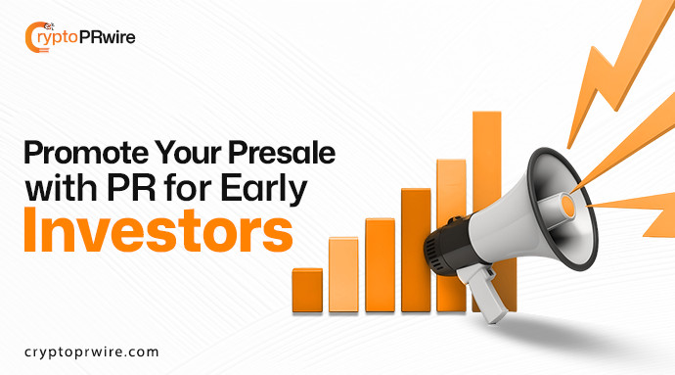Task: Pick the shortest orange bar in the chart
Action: [x=307, y=285]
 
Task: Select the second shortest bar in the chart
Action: [x=343, y=270]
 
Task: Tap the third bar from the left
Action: [x=380, y=259]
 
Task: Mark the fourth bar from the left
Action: [x=416, y=245]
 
